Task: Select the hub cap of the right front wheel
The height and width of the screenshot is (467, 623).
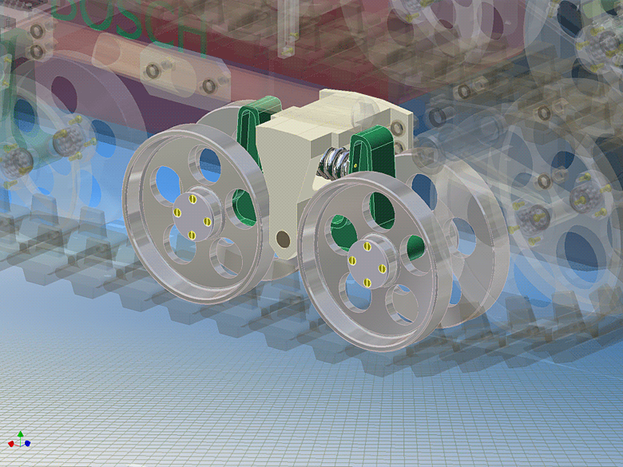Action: (x=367, y=263)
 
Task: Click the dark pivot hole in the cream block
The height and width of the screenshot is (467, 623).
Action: (x=282, y=238)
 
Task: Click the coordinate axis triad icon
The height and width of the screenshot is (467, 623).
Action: (x=20, y=440)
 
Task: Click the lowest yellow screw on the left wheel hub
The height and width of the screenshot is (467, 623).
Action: (x=192, y=235)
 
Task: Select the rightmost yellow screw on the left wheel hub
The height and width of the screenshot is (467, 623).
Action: (x=208, y=220)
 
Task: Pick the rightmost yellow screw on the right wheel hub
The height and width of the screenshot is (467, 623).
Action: (x=382, y=267)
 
